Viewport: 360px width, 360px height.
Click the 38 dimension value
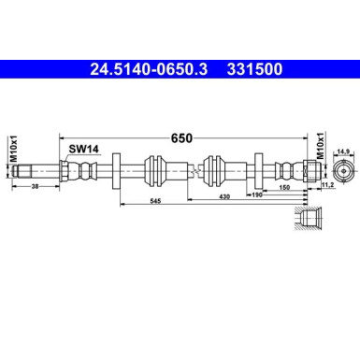[x=35, y=190]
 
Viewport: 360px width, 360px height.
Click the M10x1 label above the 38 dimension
[x=13, y=148]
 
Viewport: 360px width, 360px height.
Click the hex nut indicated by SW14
[x=63, y=170]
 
